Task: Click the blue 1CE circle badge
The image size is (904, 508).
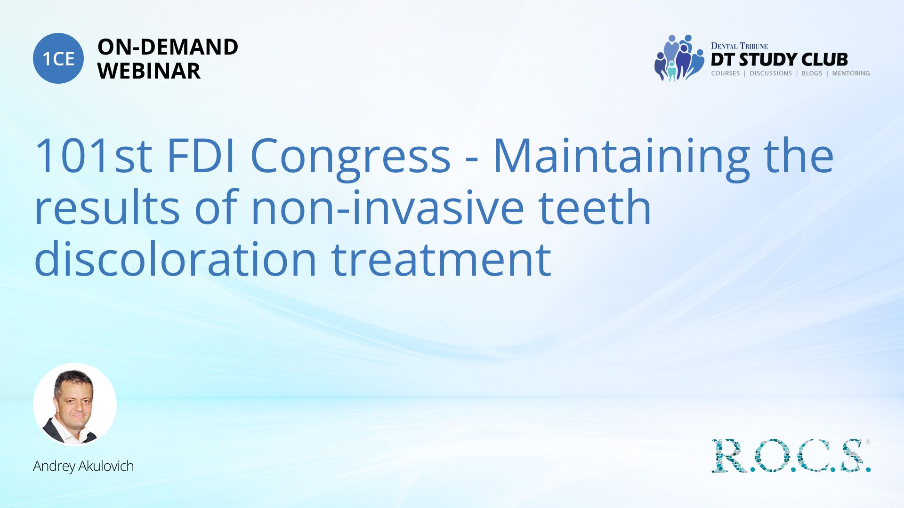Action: pyautogui.click(x=58, y=58)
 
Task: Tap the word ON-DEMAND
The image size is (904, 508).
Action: pyautogui.click(x=168, y=47)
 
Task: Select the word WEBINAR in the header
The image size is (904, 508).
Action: pyautogui.click(x=149, y=71)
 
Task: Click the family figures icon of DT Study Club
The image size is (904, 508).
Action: pyautogui.click(x=679, y=58)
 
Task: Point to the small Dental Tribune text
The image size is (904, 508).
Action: pyautogui.click(x=739, y=46)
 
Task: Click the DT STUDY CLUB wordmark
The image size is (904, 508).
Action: pyautogui.click(x=779, y=60)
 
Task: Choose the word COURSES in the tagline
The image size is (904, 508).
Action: pyautogui.click(x=725, y=73)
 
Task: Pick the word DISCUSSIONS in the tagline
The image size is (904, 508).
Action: pyautogui.click(x=771, y=73)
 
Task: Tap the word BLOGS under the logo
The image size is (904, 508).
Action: pyautogui.click(x=812, y=73)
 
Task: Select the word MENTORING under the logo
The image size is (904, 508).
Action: pyautogui.click(x=851, y=73)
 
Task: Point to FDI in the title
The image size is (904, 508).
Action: pyautogui.click(x=201, y=156)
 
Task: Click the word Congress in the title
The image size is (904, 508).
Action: pyautogui.click(x=350, y=159)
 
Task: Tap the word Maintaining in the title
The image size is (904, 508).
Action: pyautogui.click(x=621, y=159)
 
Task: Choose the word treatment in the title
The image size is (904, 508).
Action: pyautogui.click(x=441, y=259)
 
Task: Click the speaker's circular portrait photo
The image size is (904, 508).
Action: pyautogui.click(x=75, y=405)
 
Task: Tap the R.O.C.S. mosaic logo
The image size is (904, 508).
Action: pyautogui.click(x=791, y=455)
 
